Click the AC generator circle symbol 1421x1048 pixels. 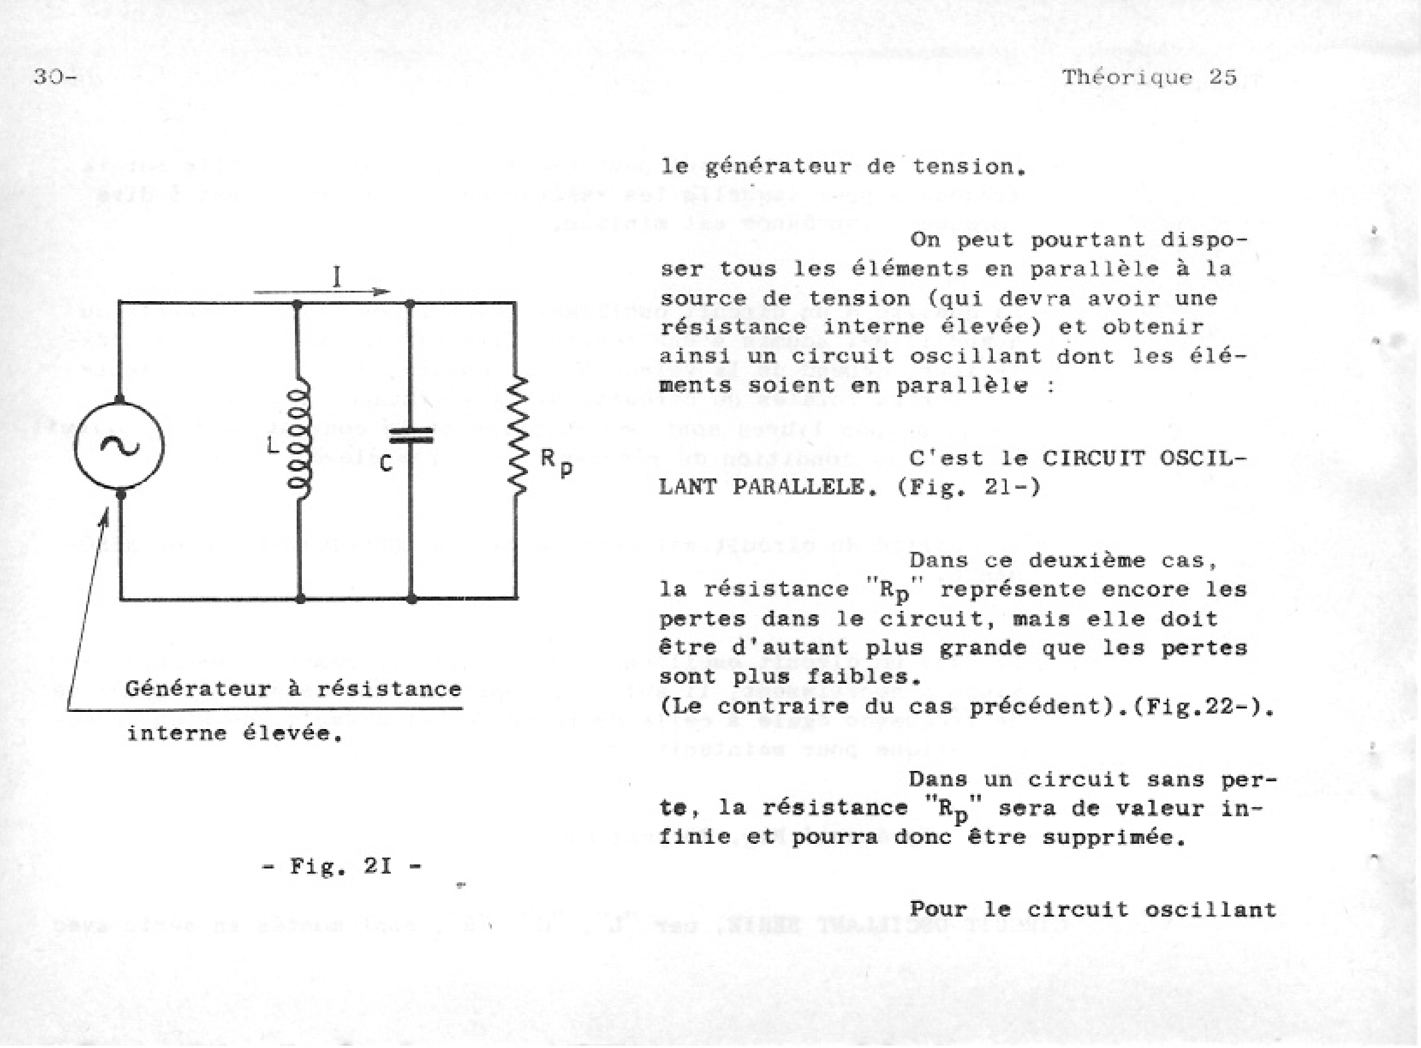pyautogui.click(x=119, y=445)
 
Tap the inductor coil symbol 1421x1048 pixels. pyautogui.click(x=299, y=438)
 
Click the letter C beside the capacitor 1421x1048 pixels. pyautogui.click(x=386, y=465)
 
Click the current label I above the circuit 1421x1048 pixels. pyautogui.click(x=337, y=277)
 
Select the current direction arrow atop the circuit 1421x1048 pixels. pyautogui.click(x=322, y=292)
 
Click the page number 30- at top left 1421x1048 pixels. pyautogui.click(x=55, y=77)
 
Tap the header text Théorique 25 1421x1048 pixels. pyautogui.click(x=1150, y=77)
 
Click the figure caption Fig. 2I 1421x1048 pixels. pyautogui.click(x=342, y=866)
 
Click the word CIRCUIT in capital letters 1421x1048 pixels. pyautogui.click(x=1092, y=458)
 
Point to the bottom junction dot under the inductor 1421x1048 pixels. pyautogui.click(x=300, y=598)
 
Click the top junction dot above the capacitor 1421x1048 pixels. pyautogui.click(x=410, y=304)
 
